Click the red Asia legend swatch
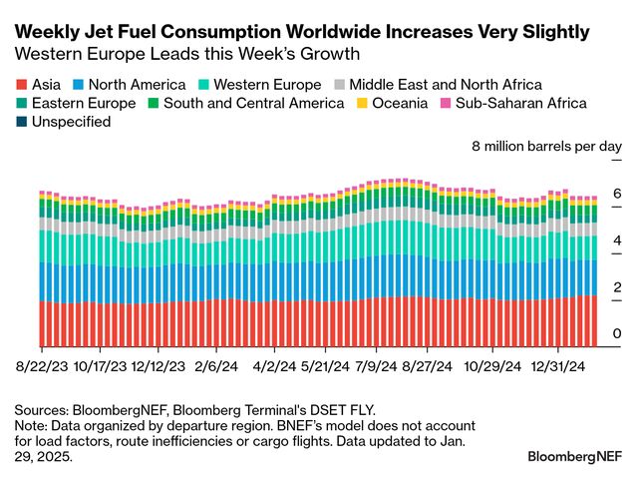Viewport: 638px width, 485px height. (x=23, y=85)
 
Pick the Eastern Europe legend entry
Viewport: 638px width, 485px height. (x=77, y=103)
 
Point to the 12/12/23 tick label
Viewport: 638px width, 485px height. (x=158, y=365)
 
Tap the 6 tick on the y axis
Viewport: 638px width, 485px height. (x=616, y=194)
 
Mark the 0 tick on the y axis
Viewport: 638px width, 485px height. (x=616, y=333)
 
